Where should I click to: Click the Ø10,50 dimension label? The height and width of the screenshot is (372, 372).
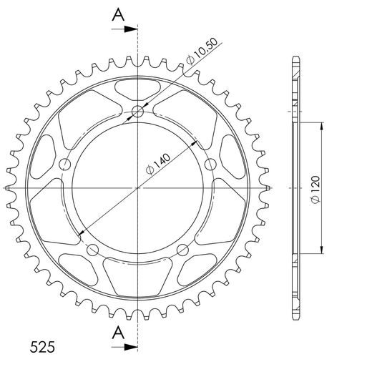202,51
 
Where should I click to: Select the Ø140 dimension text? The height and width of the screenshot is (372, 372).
158,165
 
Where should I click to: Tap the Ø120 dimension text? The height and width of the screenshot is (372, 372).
315,190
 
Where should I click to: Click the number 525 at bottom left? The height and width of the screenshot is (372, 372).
42,347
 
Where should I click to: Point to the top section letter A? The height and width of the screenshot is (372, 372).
118,14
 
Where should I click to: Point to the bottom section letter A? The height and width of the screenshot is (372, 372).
118,333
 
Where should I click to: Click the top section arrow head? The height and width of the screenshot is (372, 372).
131,29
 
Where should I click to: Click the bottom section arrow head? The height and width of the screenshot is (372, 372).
131,347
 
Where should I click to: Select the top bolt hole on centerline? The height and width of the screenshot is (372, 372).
137,112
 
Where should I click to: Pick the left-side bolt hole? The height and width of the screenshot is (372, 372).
65,165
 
